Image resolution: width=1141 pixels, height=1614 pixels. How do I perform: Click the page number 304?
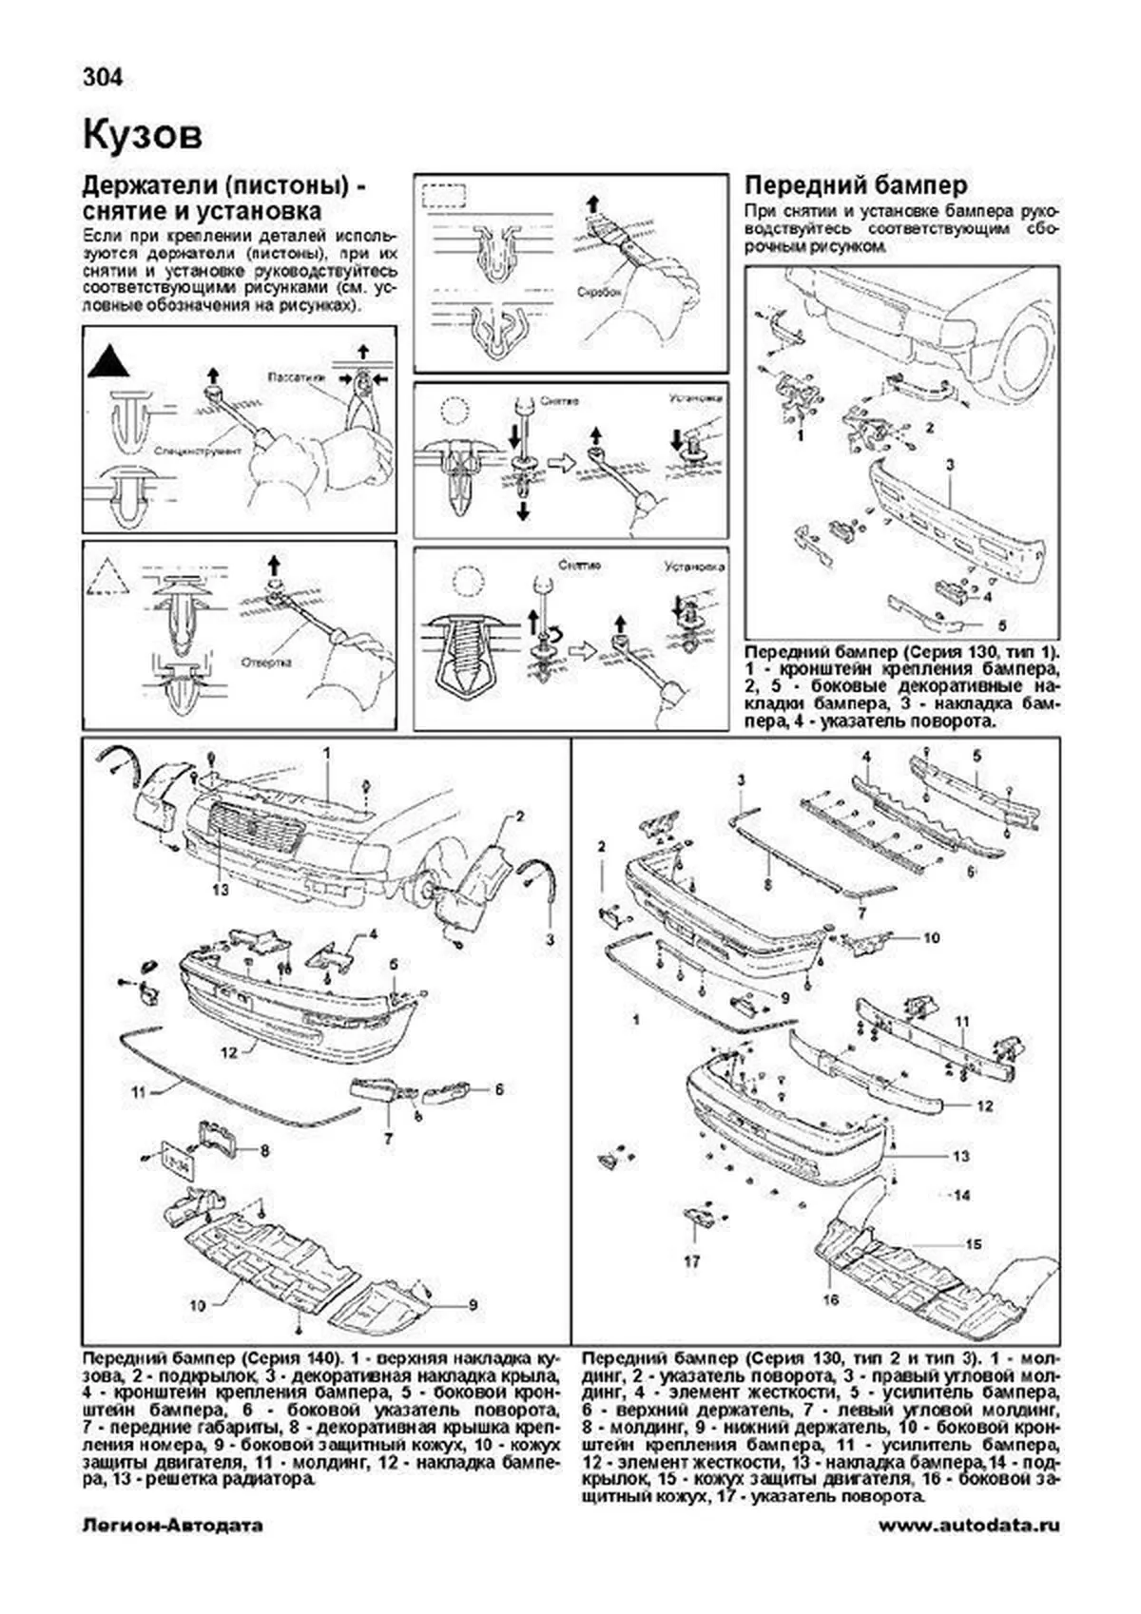click(x=103, y=78)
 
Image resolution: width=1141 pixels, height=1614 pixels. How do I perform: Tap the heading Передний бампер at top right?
click(x=856, y=184)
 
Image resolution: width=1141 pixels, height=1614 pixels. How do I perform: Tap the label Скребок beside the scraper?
click(x=598, y=294)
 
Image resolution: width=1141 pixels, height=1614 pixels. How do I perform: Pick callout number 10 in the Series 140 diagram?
click(x=197, y=1305)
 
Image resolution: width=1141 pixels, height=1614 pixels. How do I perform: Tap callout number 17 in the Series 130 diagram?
click(x=691, y=1261)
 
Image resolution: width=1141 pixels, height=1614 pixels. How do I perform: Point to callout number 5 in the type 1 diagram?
click(x=1001, y=626)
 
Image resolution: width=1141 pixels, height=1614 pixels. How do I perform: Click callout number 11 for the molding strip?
click(x=139, y=1092)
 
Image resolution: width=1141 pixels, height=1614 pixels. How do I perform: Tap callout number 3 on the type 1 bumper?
click(x=949, y=464)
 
